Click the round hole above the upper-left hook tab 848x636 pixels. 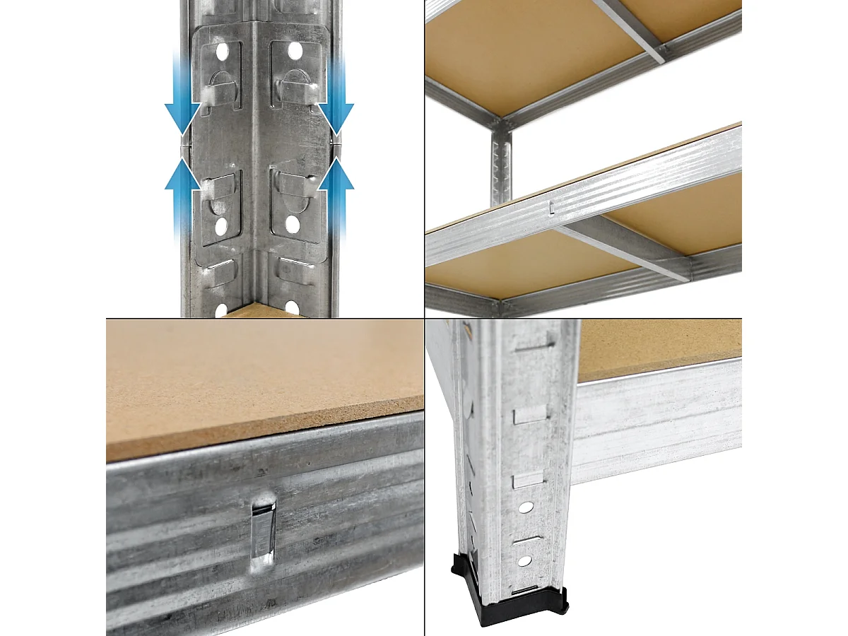tap(223, 52)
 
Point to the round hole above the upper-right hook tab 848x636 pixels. tap(294, 52)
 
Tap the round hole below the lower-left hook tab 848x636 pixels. tap(222, 227)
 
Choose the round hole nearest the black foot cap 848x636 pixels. tap(524, 561)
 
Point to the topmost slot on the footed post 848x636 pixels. tap(536, 345)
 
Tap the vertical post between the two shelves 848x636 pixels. tap(500, 166)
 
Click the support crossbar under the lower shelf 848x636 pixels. tap(622, 247)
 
